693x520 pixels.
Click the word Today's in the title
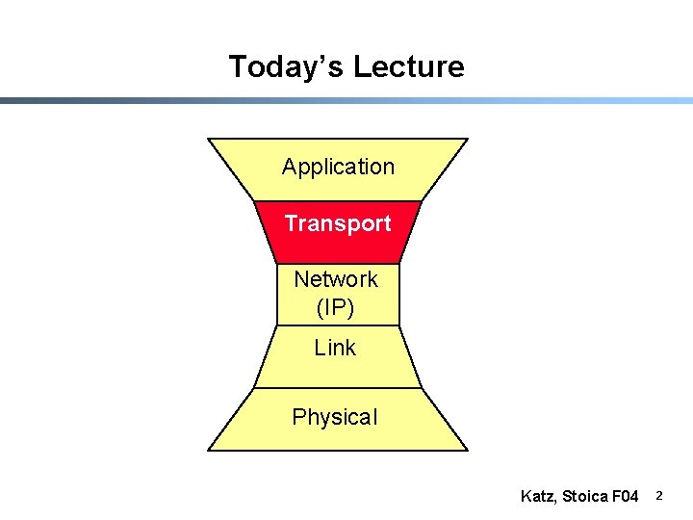click(286, 67)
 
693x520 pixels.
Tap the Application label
click(338, 167)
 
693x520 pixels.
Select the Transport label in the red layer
click(338, 223)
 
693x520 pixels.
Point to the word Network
click(336, 279)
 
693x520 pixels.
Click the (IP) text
click(335, 308)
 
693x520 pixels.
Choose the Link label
click(335, 348)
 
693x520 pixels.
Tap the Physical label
click(335, 417)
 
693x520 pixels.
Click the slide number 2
click(659, 496)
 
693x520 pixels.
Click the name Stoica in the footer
click(584, 497)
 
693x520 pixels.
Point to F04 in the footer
click(625, 497)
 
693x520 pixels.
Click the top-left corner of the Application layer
click(209, 140)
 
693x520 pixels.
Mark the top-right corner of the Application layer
click(467, 140)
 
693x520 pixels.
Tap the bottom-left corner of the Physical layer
click(209, 450)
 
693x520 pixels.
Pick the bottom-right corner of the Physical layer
click(467, 450)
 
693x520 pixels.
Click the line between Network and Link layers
click(338, 325)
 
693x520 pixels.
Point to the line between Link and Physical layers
click(338, 388)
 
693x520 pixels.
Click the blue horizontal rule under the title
click(346, 100)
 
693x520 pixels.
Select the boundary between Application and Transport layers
click(338, 201)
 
